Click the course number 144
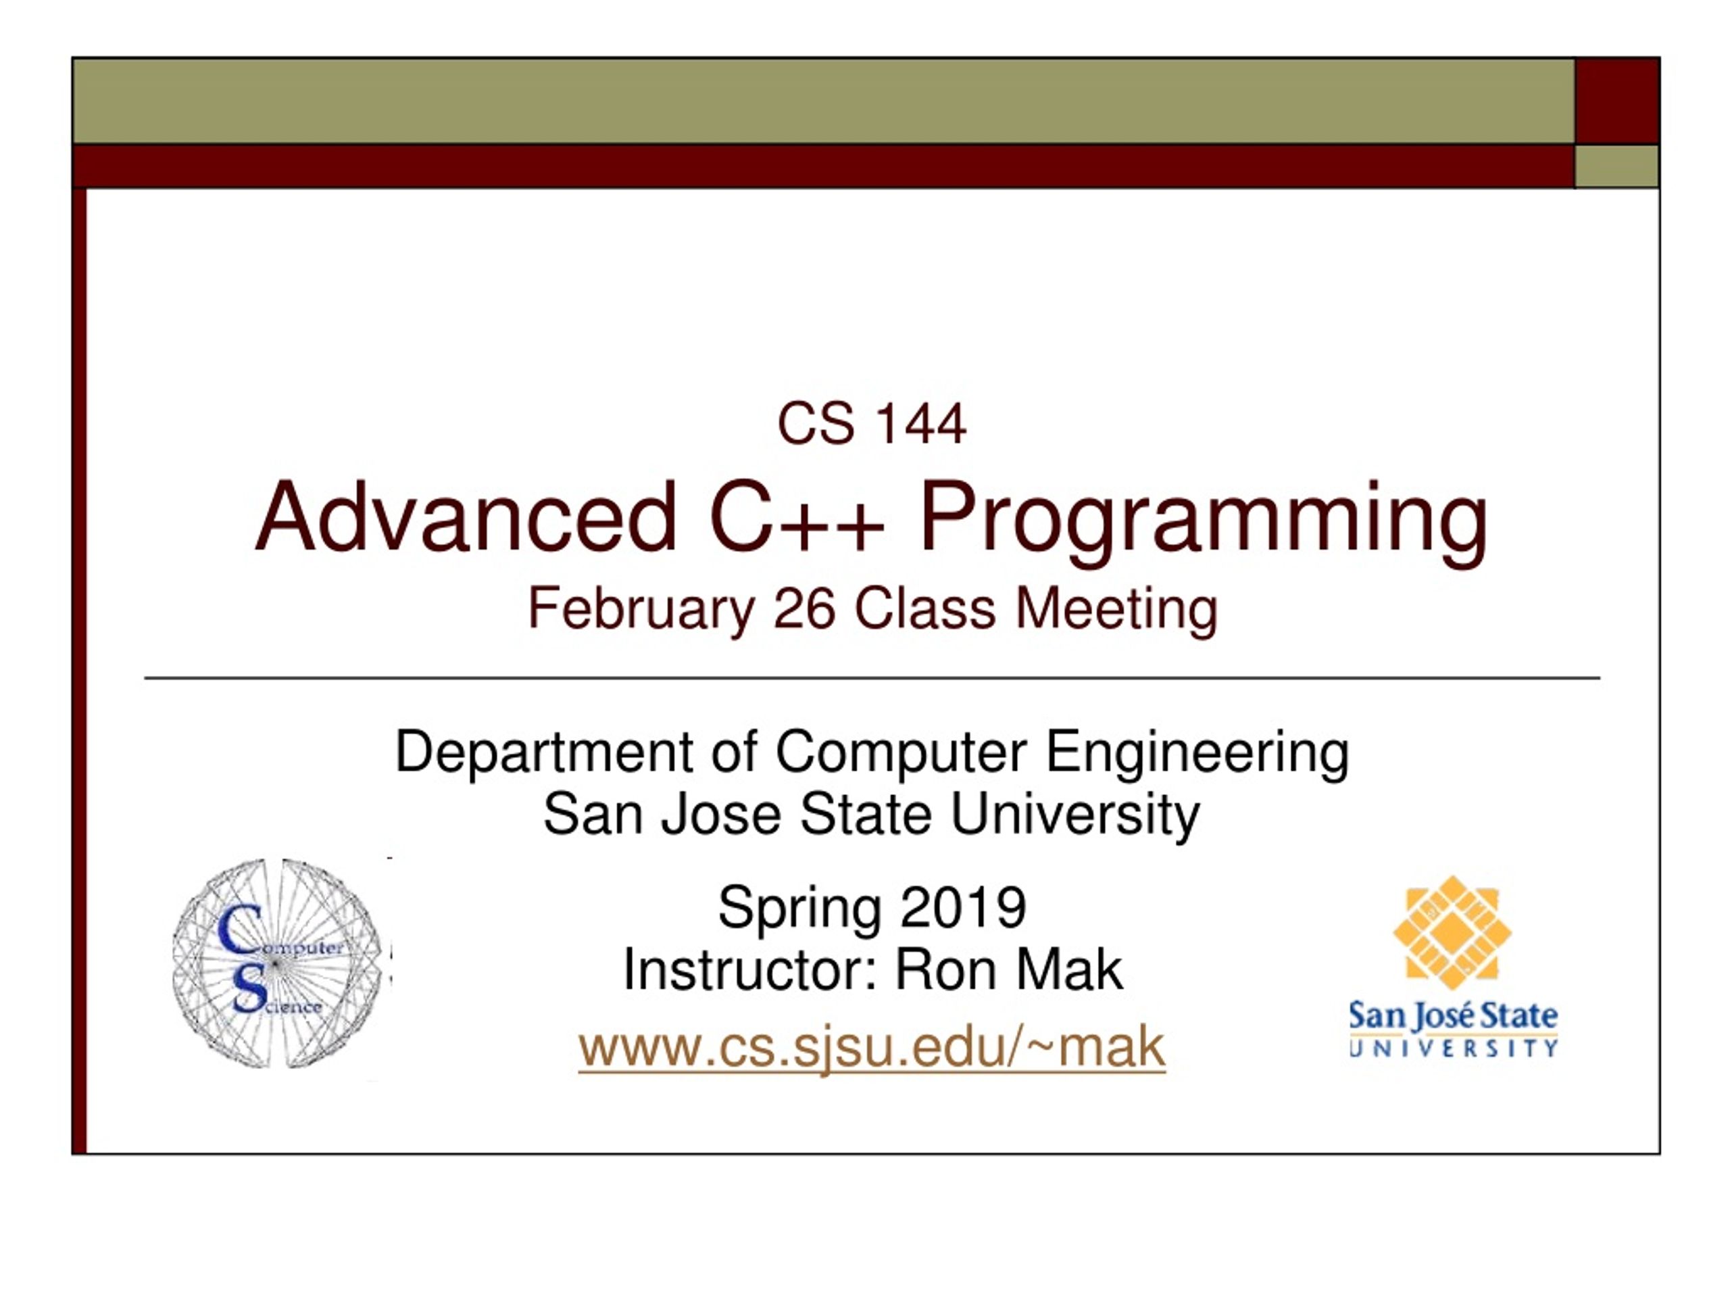pyautogui.click(x=920, y=424)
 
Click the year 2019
pyautogui.click(x=963, y=907)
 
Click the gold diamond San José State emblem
pyautogui.click(x=1452, y=933)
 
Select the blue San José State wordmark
pyautogui.click(x=1453, y=1030)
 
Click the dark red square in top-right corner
pyautogui.click(x=1616, y=101)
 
